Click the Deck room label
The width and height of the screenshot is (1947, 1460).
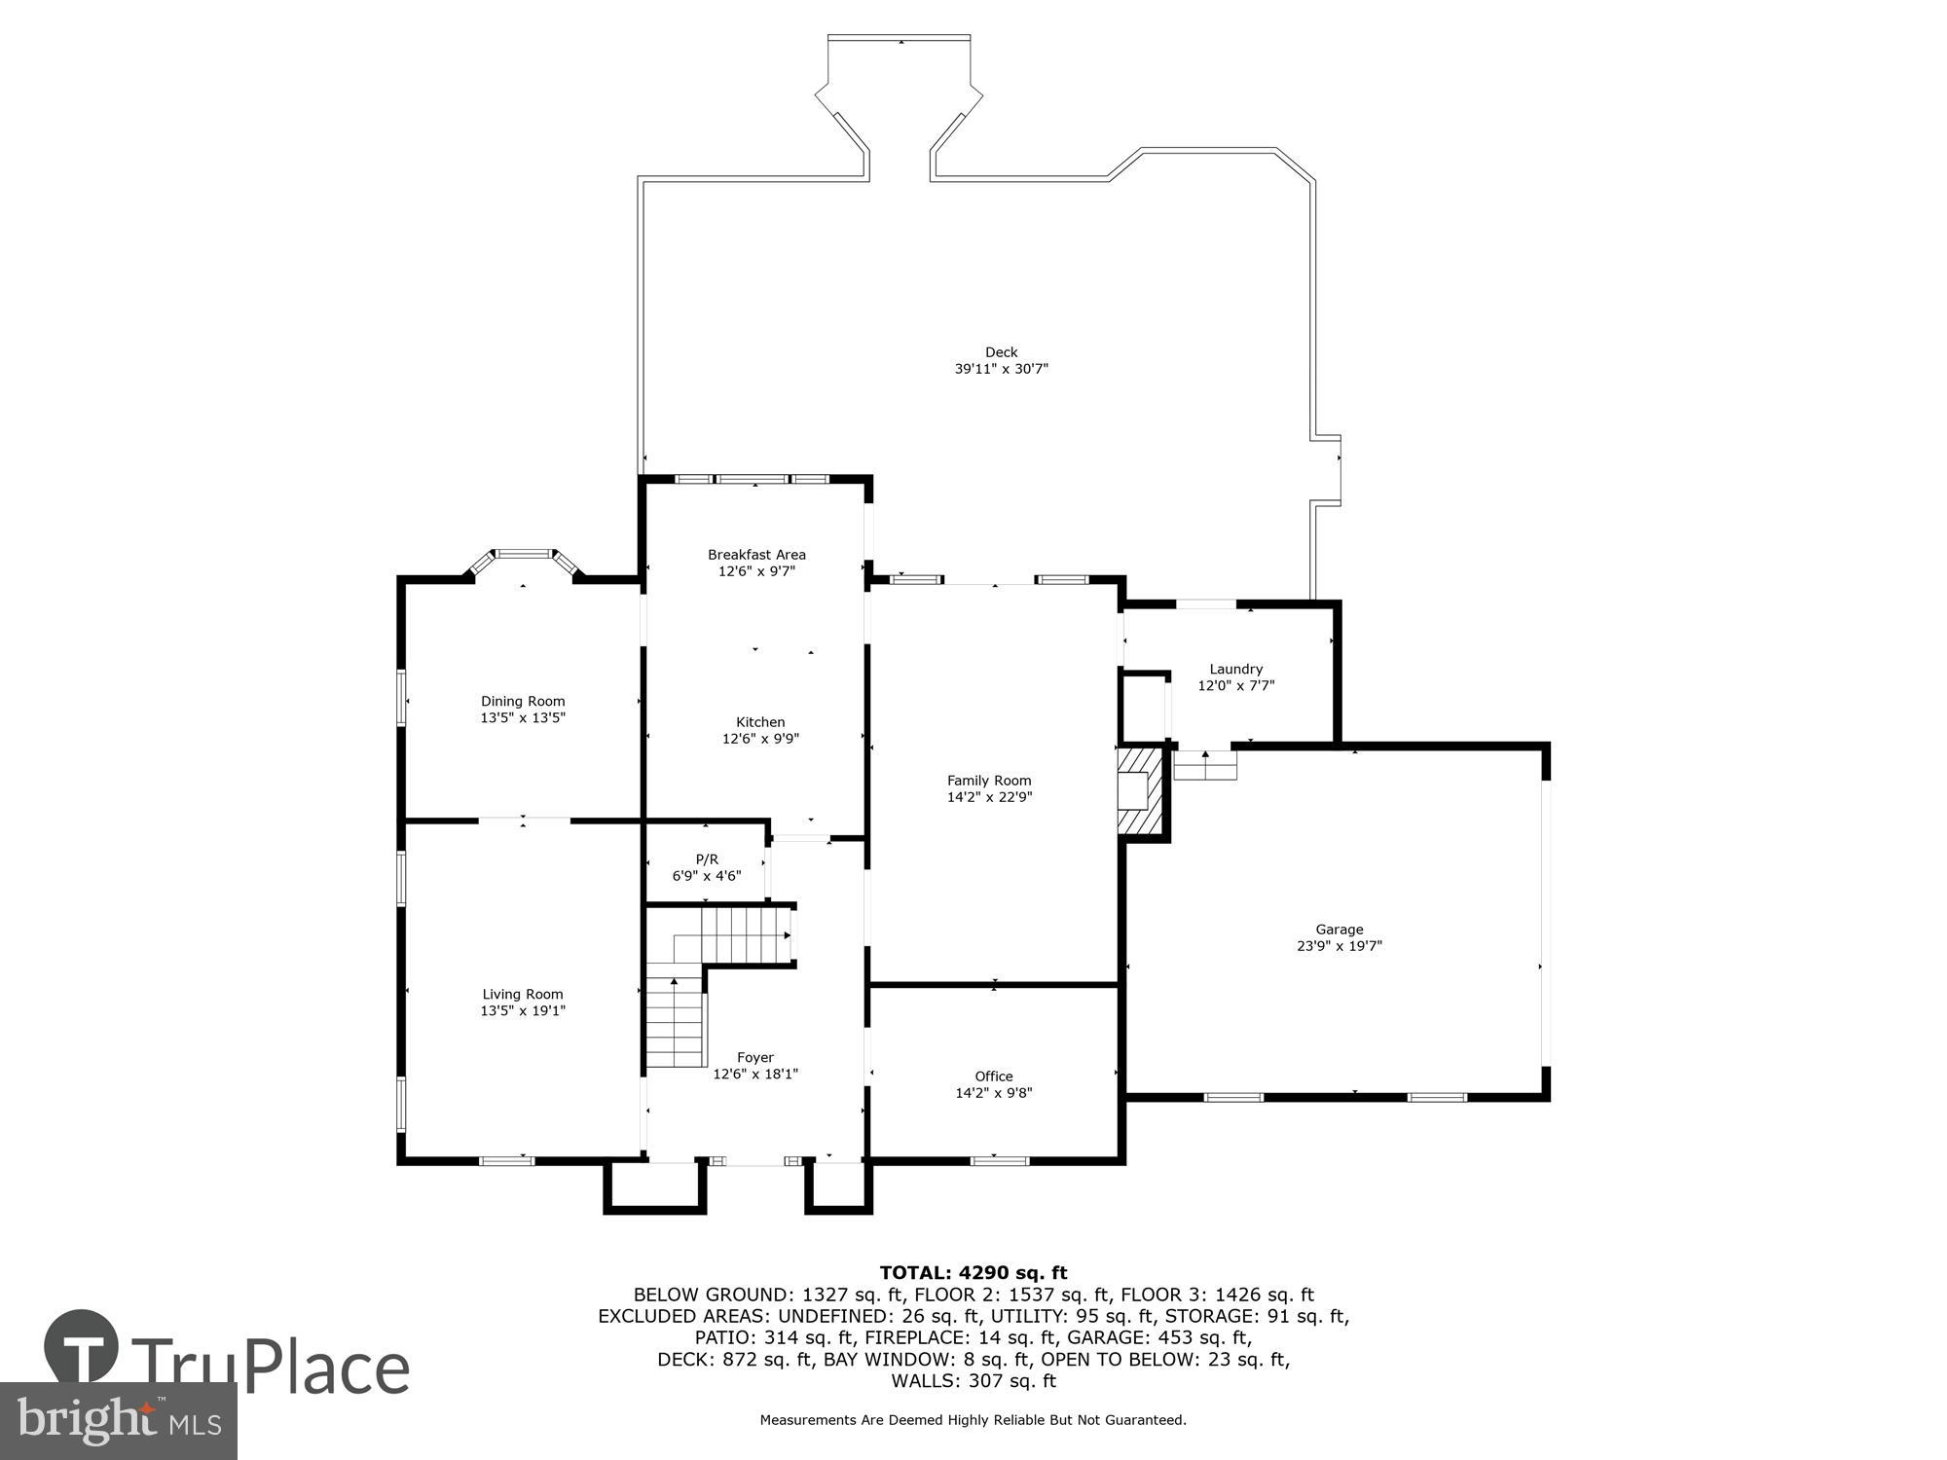pos(1001,352)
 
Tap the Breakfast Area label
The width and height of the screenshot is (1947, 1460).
pos(756,555)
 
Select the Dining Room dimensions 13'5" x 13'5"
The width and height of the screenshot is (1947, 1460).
pos(523,718)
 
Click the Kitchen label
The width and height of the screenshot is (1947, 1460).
pos(760,722)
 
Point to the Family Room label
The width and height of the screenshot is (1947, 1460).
pos(989,781)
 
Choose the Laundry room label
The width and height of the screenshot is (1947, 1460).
pos(1235,670)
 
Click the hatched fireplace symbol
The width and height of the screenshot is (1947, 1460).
pos(1141,790)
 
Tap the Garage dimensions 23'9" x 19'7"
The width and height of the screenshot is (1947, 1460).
pos(1340,946)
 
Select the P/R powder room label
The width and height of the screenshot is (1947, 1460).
pos(707,859)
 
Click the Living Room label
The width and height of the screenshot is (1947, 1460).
pos(523,995)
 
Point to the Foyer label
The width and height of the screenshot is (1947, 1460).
pos(755,1058)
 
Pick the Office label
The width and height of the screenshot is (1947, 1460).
pos(994,1077)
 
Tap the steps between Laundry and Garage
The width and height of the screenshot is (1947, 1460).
pos(1205,766)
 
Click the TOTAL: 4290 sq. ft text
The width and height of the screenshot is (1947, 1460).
pos(973,1273)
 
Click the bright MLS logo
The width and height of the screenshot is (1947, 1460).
pos(119,1421)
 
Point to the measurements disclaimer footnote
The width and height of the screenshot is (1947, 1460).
pos(973,1420)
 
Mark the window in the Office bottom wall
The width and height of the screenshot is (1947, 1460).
pos(1000,1160)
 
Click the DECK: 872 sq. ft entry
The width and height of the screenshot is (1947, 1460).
pos(734,1360)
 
